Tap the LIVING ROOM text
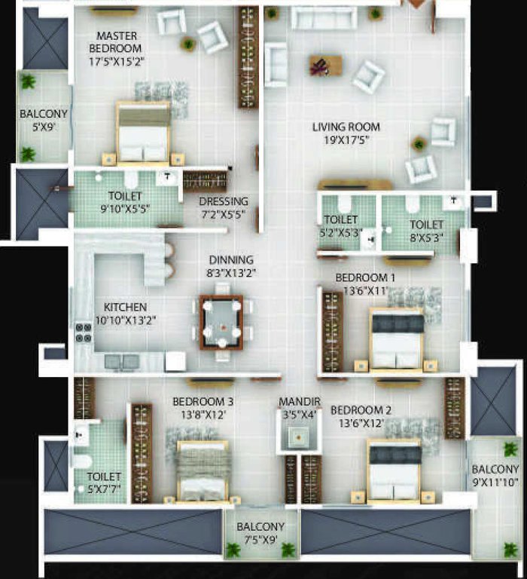coord(346,127)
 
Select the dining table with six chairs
coord(221,322)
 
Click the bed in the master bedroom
coord(143,133)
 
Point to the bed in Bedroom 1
coord(396,339)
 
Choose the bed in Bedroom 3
coord(202,471)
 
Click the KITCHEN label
coord(125,308)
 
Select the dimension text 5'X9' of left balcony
coord(43,127)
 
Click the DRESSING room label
coord(223,201)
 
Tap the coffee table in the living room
coord(325,66)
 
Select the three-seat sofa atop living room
coord(324,17)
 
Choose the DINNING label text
coord(231,260)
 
